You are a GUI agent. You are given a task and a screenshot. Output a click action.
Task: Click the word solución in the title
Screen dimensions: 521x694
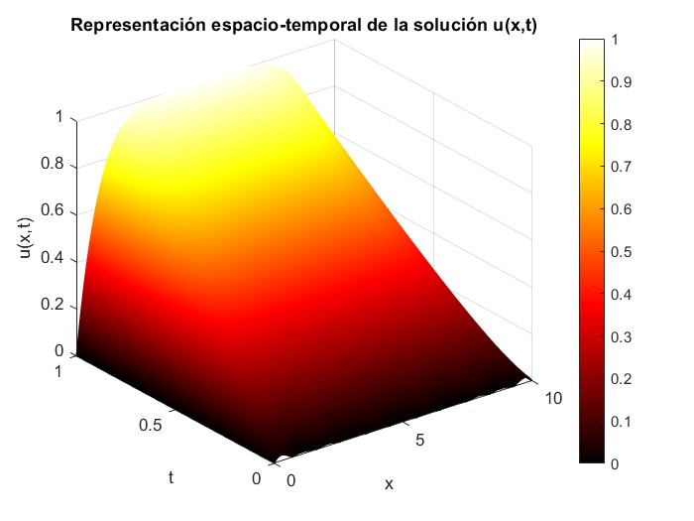(x=443, y=24)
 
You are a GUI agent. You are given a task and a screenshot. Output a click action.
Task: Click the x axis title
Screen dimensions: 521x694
(x=389, y=484)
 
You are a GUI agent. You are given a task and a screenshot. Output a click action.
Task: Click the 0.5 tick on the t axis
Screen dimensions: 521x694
(x=149, y=424)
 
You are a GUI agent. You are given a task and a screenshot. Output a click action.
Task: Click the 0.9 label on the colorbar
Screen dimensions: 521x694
(x=624, y=83)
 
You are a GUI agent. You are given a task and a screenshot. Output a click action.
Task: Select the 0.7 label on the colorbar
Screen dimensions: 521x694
(x=624, y=168)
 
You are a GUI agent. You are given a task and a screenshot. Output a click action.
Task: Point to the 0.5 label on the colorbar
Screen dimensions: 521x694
(x=624, y=252)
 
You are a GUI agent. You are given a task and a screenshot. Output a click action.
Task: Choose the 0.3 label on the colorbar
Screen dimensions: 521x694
(x=624, y=337)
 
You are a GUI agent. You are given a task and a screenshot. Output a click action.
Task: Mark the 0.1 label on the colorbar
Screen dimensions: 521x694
(x=624, y=422)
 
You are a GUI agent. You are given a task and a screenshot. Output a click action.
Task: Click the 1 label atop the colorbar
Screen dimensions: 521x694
(x=617, y=41)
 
